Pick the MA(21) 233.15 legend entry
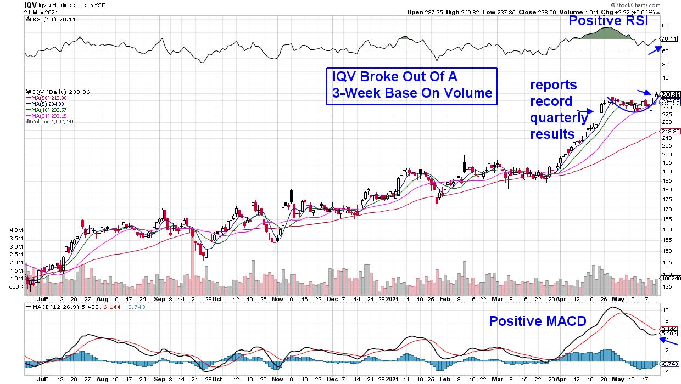47,115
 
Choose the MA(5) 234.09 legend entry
46,103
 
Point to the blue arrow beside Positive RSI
654,50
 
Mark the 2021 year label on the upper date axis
391,299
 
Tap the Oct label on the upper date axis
217,299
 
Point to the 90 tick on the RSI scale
664,25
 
